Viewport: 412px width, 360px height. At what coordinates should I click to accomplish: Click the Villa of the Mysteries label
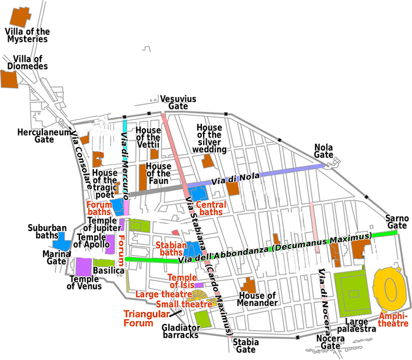(x=27, y=35)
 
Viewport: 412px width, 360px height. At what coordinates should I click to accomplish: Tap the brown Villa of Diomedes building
(x=9, y=79)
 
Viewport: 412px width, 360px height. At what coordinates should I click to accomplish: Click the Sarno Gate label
(x=397, y=221)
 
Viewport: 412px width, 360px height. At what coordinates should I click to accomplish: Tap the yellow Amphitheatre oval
(x=390, y=289)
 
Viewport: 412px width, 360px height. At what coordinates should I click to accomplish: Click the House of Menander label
(x=257, y=299)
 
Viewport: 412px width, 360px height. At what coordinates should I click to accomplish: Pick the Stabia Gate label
(x=245, y=345)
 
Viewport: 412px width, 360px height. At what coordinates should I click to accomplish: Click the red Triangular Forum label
(x=142, y=318)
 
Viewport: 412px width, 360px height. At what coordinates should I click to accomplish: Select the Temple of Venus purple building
(x=83, y=266)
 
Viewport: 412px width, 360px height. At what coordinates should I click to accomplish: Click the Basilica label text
(x=108, y=271)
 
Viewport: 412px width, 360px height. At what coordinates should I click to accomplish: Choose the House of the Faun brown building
(x=142, y=176)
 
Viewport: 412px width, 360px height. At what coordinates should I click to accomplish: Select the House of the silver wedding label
(x=210, y=138)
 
